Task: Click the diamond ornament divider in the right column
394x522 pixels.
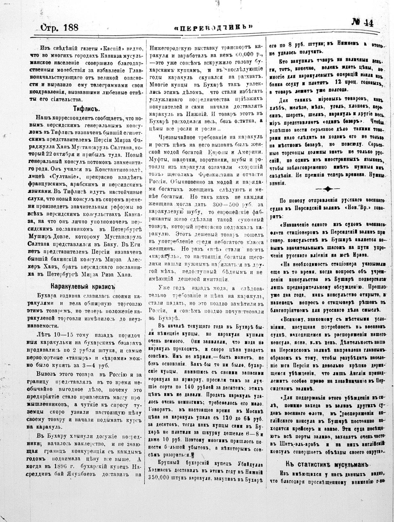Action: (327, 189)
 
